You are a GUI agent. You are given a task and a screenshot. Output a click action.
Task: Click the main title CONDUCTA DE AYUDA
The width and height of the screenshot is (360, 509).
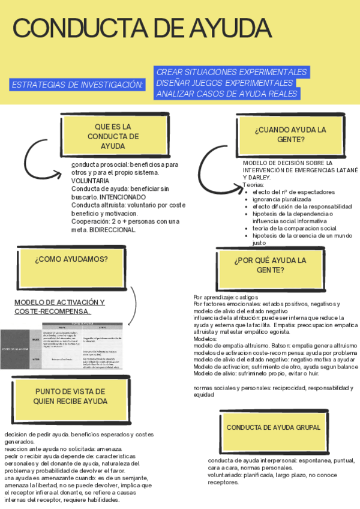(x=142, y=29)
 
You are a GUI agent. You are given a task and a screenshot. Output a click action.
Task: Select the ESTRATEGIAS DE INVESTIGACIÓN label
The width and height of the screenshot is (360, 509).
(x=78, y=85)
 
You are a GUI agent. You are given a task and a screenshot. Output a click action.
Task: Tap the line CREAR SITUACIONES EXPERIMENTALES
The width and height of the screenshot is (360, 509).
(x=232, y=72)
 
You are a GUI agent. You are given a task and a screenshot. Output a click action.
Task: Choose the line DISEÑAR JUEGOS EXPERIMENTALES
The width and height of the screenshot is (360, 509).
(x=224, y=83)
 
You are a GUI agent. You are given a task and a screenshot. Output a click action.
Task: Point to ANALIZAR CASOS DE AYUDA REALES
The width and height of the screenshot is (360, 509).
(x=227, y=94)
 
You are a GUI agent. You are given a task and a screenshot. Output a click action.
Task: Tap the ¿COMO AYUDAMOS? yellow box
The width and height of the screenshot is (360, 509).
(x=71, y=259)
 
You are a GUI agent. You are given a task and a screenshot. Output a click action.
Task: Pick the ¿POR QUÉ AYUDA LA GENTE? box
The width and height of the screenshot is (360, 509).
(x=270, y=265)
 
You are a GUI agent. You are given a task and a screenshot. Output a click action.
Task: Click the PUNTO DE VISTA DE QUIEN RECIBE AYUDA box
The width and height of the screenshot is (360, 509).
(x=71, y=396)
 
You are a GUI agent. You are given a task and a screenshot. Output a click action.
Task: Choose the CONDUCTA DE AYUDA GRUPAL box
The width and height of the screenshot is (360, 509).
(x=273, y=427)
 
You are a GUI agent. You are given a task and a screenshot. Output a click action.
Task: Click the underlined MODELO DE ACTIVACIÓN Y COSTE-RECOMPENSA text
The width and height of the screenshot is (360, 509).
(x=59, y=307)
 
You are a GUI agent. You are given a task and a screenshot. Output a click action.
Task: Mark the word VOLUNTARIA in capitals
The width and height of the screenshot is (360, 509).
(x=90, y=180)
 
